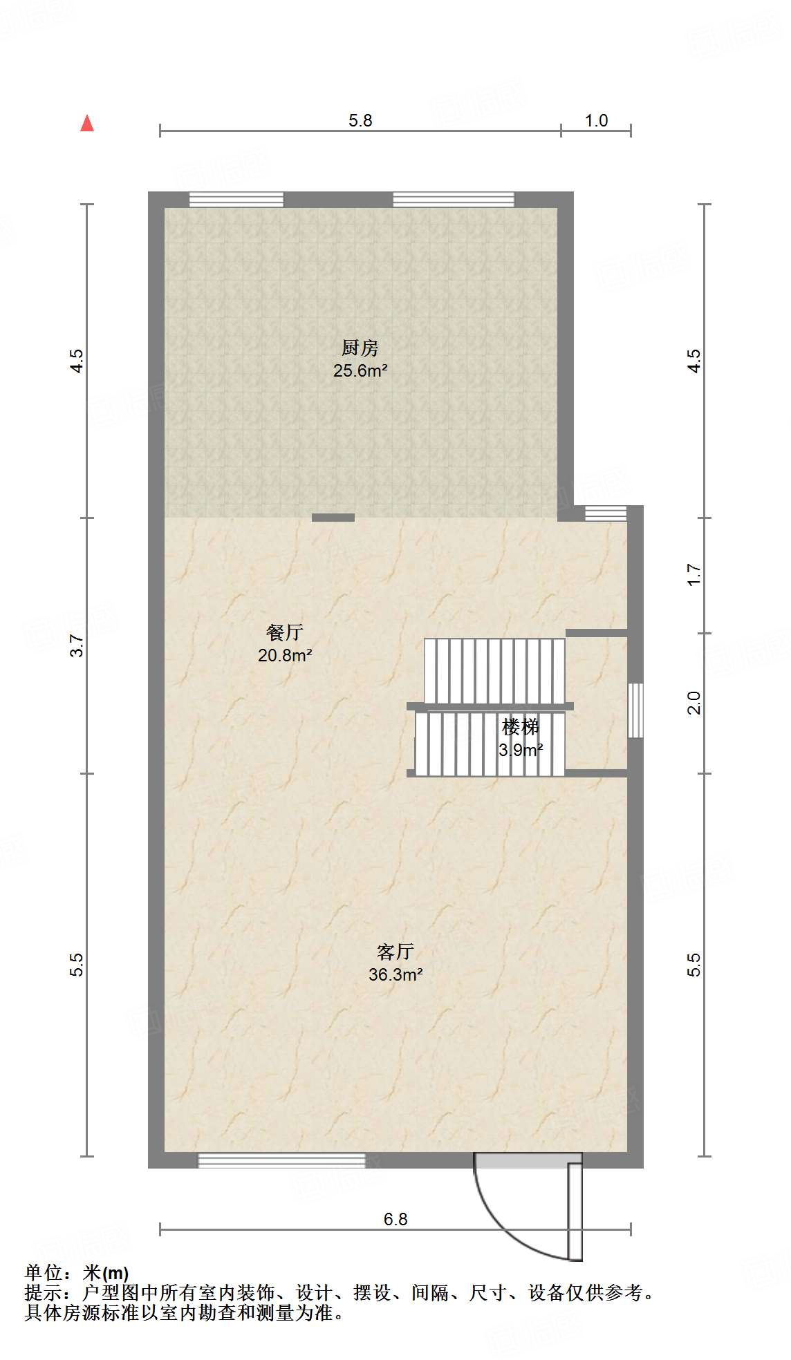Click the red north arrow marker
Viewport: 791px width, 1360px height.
(x=87, y=124)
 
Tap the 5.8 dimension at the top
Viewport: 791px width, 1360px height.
(x=360, y=121)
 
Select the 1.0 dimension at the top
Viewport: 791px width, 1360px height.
(x=596, y=121)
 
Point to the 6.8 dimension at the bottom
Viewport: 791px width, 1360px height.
(x=395, y=1219)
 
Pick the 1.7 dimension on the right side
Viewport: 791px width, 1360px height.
(x=694, y=575)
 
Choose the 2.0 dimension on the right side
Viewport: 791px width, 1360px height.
(x=694, y=703)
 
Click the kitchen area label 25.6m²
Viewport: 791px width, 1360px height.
(x=360, y=370)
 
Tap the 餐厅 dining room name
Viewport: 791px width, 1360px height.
(x=284, y=632)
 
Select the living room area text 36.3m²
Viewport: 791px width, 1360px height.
(x=395, y=974)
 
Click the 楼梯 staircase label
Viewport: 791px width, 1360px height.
(x=520, y=727)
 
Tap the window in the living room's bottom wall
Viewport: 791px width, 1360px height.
(x=281, y=1161)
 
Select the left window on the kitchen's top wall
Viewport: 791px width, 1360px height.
(x=236, y=200)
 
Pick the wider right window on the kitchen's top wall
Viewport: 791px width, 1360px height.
(x=454, y=200)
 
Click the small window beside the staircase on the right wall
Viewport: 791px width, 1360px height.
(x=635, y=710)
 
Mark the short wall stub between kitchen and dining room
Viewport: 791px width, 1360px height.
(x=333, y=518)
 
